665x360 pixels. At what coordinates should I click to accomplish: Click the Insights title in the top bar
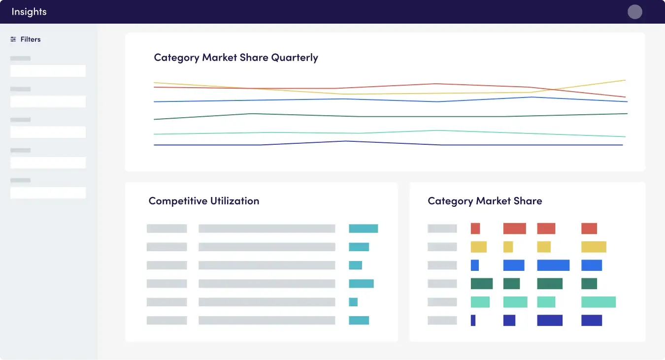(29, 12)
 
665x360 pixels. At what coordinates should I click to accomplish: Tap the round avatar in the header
(635, 12)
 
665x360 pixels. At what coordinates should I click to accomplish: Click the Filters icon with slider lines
(13, 39)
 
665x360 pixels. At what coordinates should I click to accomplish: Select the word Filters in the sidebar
(31, 39)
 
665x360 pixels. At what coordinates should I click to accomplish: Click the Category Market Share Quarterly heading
(236, 58)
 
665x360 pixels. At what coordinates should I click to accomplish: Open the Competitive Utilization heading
(203, 201)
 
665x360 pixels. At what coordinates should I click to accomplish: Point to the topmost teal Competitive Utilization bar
(364, 229)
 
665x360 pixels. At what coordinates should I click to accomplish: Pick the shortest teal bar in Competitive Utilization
(353, 302)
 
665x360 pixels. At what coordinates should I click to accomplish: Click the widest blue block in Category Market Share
(553, 265)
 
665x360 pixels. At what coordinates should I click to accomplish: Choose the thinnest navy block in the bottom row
(473, 320)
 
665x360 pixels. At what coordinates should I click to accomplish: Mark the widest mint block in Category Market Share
(598, 302)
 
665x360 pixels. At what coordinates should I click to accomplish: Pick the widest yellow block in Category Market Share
(594, 247)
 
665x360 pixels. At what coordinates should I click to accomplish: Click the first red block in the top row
(475, 229)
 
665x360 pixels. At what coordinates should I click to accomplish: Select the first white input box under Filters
(48, 71)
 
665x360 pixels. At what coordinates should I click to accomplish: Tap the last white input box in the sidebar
(48, 193)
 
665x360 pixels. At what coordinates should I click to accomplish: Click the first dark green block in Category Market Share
(482, 284)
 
